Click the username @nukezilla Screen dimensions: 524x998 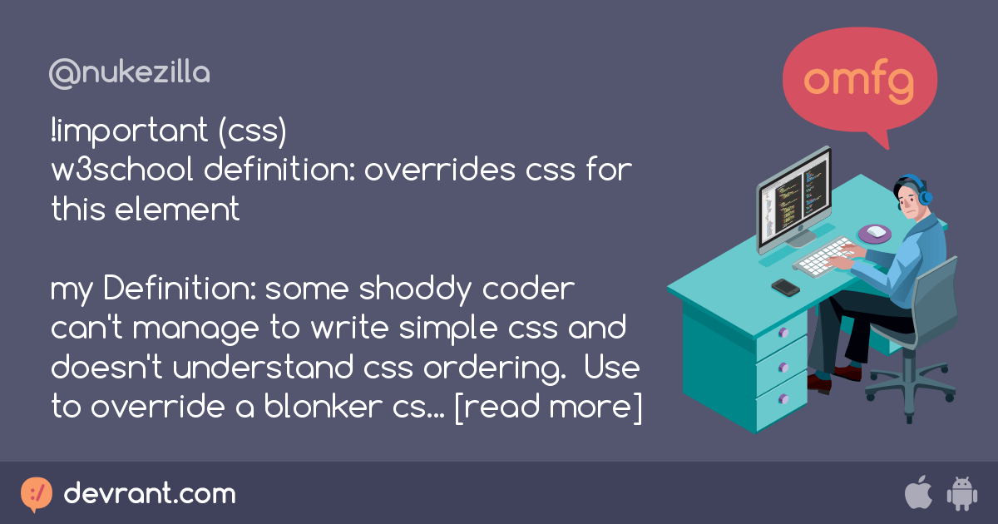tap(130, 73)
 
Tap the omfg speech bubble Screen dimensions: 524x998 tap(860, 82)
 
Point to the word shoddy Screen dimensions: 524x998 tap(398, 290)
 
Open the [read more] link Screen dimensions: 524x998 tap(548, 408)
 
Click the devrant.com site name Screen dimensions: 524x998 tap(150, 494)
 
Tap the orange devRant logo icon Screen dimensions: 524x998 tap(36, 494)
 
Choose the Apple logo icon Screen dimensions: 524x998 tap(917, 493)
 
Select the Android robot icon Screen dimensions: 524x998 tap(961, 494)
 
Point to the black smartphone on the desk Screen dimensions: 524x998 tap(785, 287)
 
